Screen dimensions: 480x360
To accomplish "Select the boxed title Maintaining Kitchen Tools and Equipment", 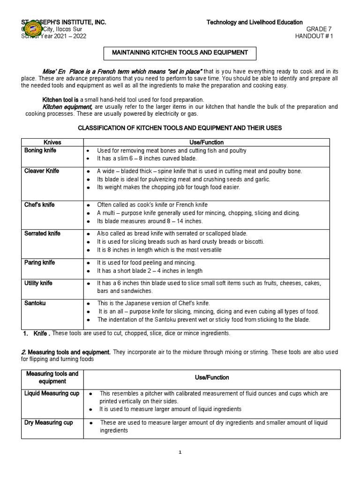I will [x=179, y=52].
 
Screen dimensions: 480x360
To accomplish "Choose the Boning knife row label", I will [x=41, y=150].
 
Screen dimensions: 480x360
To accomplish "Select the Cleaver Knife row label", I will [x=42, y=171].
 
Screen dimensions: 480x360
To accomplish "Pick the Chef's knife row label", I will [x=40, y=205].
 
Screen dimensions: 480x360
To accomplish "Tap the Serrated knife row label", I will [x=42, y=233].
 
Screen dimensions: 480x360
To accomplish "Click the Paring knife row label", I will [x=40, y=262].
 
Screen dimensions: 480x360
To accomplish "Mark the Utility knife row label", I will [x=38, y=284].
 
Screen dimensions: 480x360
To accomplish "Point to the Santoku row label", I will [x=35, y=303].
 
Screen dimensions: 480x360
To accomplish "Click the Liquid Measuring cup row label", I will [x=52, y=393].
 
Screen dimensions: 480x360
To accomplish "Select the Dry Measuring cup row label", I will [x=49, y=422].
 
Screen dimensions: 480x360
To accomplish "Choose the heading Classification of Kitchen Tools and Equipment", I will [x=180, y=128].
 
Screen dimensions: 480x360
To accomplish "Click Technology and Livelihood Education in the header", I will [x=255, y=22].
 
